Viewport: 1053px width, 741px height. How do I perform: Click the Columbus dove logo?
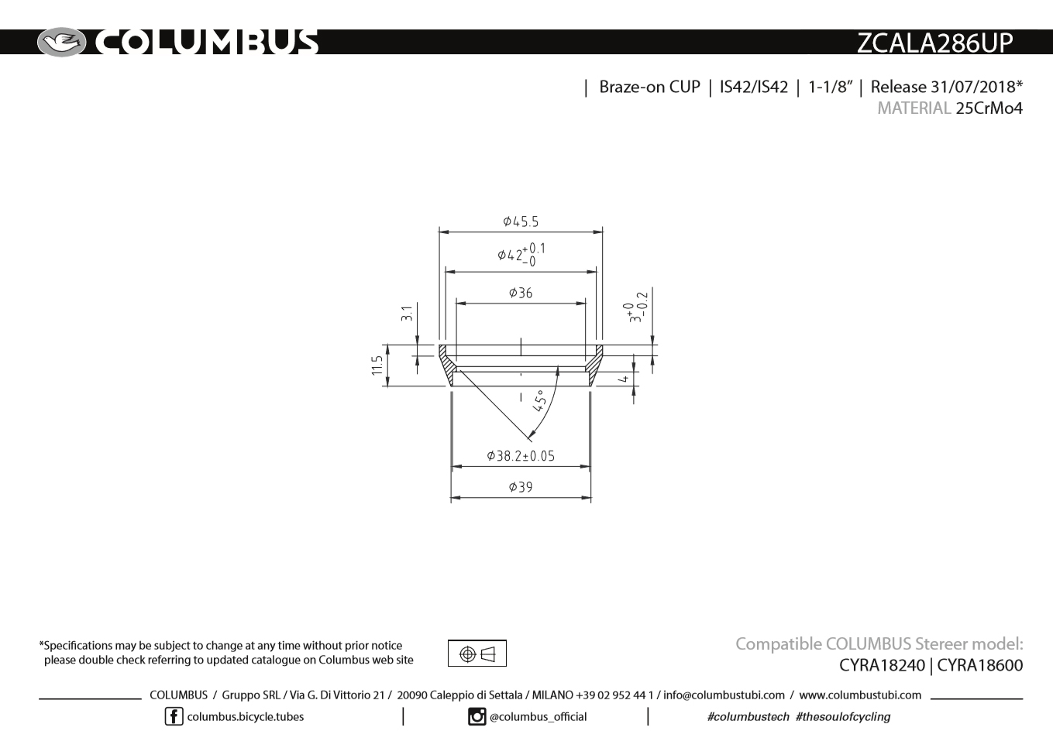(x=61, y=43)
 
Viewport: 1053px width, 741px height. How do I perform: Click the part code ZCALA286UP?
(x=934, y=43)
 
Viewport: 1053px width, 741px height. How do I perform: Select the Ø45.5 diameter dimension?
(x=521, y=221)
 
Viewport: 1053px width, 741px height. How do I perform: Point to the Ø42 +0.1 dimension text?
(x=521, y=255)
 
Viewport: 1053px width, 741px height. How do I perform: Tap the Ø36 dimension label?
(x=521, y=293)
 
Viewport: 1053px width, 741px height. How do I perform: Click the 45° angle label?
(x=541, y=401)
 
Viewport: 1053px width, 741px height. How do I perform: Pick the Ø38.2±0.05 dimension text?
(x=521, y=456)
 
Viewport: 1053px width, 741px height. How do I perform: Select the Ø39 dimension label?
(x=521, y=487)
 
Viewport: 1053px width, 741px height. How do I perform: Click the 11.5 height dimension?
(x=377, y=365)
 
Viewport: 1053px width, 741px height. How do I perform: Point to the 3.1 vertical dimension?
(x=407, y=314)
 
